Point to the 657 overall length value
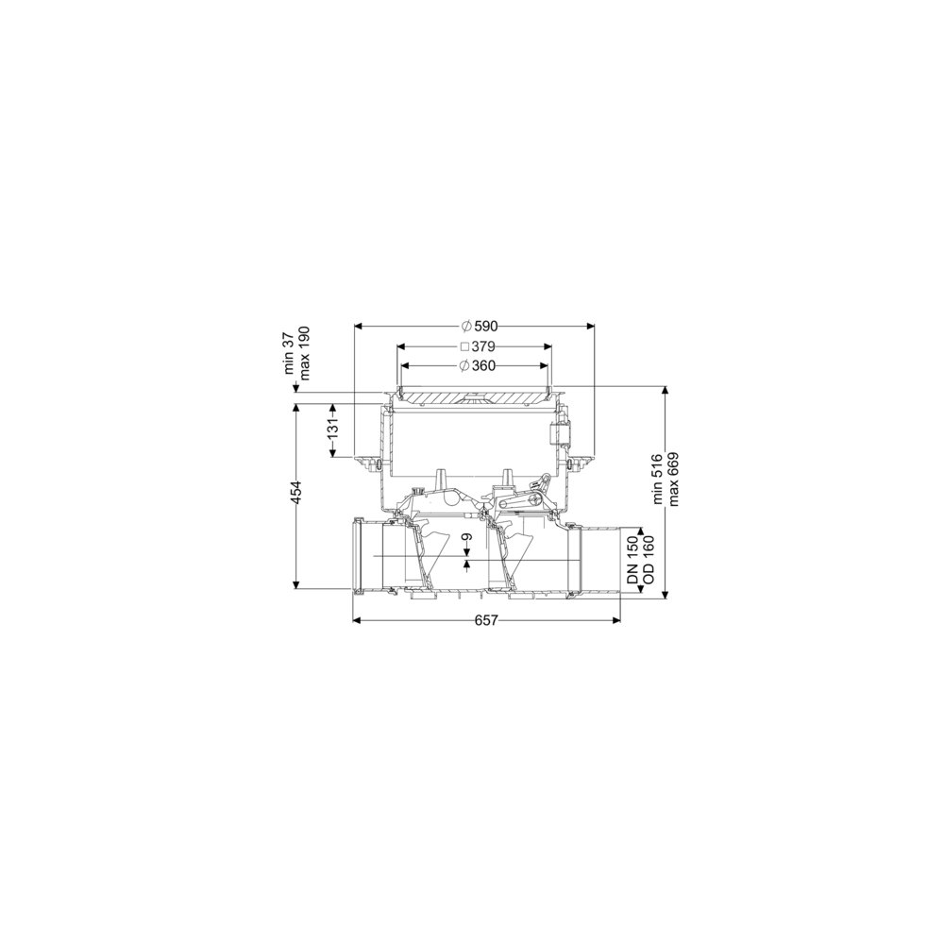(486, 620)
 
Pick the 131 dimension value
(333, 430)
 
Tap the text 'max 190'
(304, 353)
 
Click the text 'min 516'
(658, 480)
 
